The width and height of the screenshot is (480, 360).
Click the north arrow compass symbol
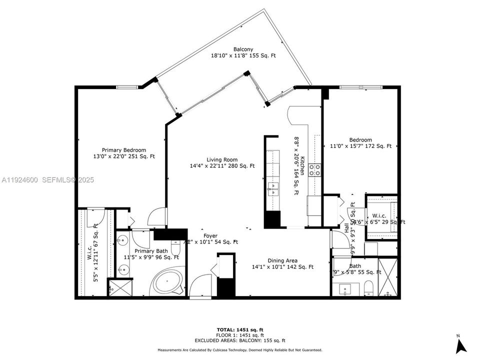461,345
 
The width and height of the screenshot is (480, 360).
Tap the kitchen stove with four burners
315,170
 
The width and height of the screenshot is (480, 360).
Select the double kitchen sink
273,187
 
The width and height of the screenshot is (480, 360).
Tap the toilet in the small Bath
367,287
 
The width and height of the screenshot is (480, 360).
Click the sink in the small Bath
346,289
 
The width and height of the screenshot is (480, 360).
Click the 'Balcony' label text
243,49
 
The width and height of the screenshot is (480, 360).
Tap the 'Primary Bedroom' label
124,150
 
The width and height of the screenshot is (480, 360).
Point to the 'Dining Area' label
282,260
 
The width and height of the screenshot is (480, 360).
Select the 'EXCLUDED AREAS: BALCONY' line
243,340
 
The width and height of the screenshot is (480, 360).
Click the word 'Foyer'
210,235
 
